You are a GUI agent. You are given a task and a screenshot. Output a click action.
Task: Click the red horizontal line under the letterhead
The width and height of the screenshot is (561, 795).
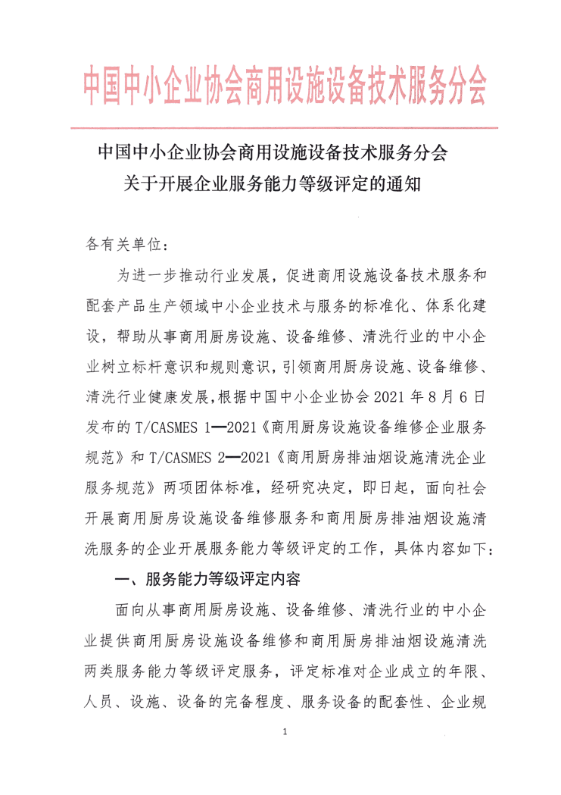(x=283, y=127)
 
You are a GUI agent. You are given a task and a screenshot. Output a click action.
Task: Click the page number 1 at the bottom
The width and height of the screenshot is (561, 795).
(x=282, y=732)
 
